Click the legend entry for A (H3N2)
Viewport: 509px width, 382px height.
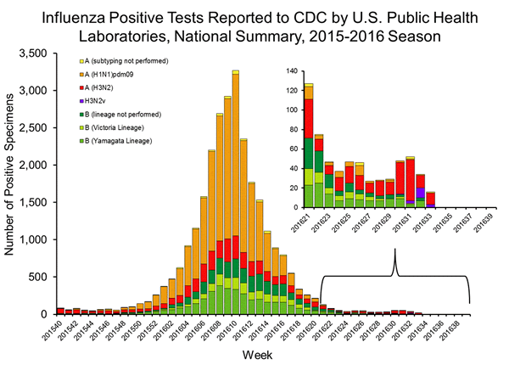92,87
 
